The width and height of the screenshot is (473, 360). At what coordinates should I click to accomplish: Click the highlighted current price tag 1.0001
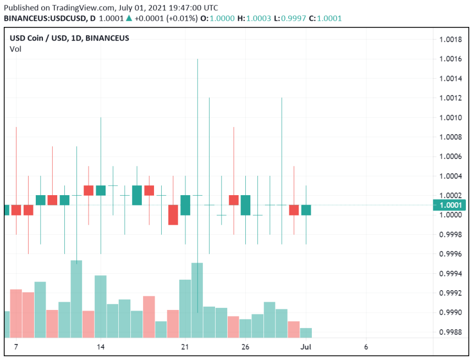click(452, 205)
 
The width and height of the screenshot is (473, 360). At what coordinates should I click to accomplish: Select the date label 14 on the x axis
click(101, 347)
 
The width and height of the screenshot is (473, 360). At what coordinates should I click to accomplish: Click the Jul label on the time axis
click(306, 347)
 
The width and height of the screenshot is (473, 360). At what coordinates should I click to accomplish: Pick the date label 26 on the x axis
click(245, 347)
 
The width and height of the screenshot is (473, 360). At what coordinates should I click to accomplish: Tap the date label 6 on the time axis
click(366, 347)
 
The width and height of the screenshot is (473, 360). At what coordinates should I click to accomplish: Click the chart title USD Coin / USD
click(38, 38)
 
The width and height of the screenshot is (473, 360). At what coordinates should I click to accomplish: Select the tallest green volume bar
click(76, 300)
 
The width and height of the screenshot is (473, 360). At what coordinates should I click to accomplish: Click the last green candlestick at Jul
click(306, 210)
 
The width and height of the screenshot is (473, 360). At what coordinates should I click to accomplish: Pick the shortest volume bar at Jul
click(306, 333)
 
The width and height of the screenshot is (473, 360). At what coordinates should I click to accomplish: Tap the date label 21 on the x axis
click(185, 347)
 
